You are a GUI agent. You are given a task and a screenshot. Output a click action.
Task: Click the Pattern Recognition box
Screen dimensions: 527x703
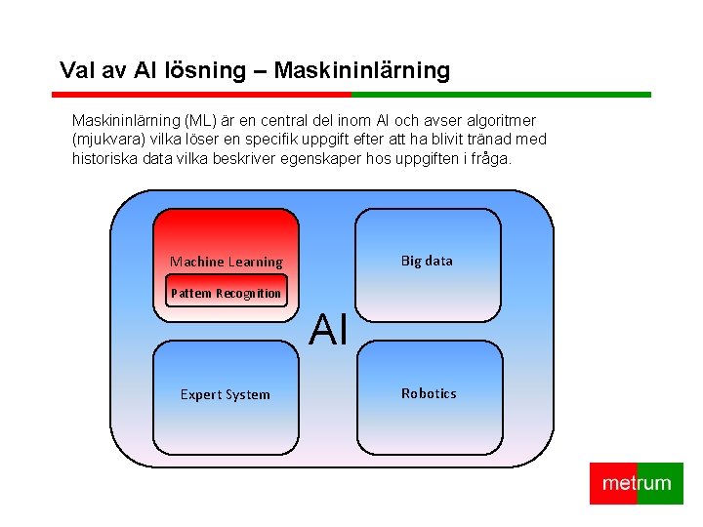[226, 293]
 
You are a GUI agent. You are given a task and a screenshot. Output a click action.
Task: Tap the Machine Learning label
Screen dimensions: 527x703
[226, 262]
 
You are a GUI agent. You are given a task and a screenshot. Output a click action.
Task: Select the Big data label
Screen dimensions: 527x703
[427, 261]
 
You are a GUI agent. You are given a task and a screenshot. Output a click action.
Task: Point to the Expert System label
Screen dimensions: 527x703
[225, 394]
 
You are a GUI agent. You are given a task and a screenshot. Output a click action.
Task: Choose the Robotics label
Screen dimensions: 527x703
[429, 393]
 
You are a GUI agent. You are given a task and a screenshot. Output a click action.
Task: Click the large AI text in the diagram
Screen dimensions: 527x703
[329, 331]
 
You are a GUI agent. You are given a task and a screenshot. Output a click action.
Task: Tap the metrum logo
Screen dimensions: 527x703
[637, 483]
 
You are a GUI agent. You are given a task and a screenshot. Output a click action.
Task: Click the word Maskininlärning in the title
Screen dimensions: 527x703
[362, 70]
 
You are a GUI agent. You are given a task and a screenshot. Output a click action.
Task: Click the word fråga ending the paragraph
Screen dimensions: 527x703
[487, 158]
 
